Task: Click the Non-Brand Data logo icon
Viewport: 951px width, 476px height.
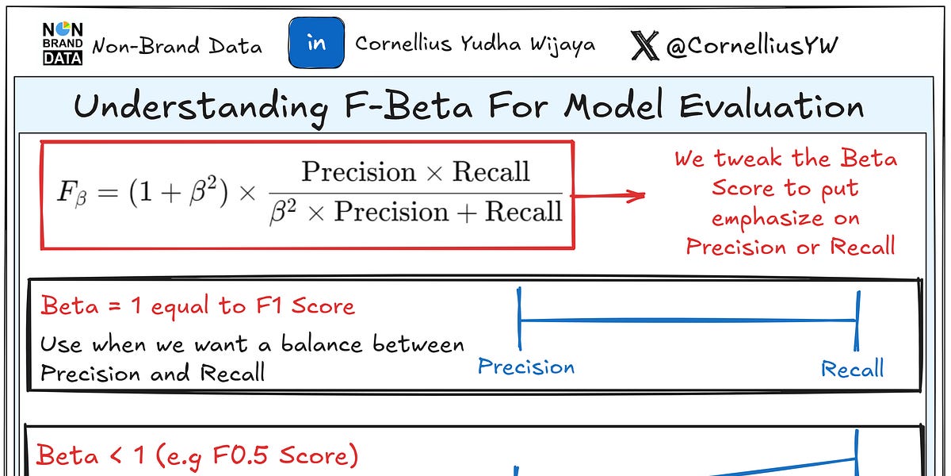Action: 62,44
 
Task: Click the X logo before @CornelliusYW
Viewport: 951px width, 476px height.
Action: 645,45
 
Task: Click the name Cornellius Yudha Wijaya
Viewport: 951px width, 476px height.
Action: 475,44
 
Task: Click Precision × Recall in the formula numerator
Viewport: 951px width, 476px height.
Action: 415,171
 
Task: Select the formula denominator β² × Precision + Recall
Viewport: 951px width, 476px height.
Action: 415,213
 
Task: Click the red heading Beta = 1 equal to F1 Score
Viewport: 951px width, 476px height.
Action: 197,305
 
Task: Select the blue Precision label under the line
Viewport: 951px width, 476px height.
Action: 526,367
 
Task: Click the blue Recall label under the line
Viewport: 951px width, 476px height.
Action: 852,369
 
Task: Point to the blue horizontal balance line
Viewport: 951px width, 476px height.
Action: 687,321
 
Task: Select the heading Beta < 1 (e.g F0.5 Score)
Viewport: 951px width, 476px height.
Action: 197,455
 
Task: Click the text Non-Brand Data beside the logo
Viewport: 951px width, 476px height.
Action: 177,46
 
